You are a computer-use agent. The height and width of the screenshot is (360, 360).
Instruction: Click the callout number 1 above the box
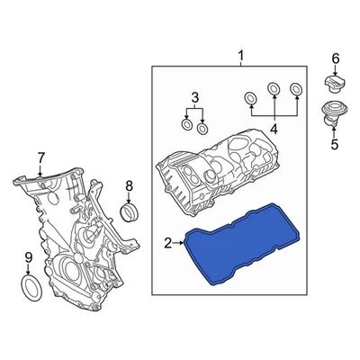coord(240,58)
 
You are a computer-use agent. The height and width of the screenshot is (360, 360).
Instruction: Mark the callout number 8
coord(129,186)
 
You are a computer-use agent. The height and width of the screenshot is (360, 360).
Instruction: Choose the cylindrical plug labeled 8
coord(130,212)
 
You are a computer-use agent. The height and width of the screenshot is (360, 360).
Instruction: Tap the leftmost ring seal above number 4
coord(251,98)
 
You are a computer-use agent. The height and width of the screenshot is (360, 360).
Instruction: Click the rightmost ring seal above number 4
coord(295,87)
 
